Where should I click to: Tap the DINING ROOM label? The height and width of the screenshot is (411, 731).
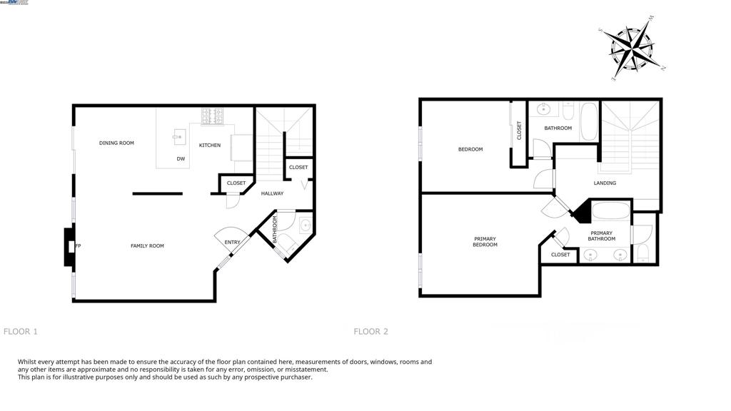click(x=116, y=143)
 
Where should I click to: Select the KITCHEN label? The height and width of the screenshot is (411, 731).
click(x=210, y=146)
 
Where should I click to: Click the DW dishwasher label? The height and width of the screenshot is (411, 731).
click(x=181, y=159)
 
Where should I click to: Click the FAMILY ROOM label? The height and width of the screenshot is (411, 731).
click(x=147, y=246)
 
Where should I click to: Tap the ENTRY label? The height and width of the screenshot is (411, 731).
click(x=233, y=243)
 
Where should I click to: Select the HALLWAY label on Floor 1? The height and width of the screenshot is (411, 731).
click(x=272, y=193)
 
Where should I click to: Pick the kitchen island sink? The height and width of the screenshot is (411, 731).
click(x=178, y=136)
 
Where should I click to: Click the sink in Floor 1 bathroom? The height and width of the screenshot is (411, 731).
click(x=306, y=225)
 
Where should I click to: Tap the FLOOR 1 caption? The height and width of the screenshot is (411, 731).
click(x=21, y=332)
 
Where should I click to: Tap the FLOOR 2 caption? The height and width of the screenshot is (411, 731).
click(x=371, y=332)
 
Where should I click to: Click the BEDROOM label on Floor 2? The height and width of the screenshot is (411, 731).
click(x=470, y=150)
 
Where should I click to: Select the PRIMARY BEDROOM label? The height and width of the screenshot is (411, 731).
click(x=485, y=242)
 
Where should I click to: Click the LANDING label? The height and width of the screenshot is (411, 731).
click(x=605, y=183)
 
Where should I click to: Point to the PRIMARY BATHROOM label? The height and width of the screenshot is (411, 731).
click(x=602, y=236)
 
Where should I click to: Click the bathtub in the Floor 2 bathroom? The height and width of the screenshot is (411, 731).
click(x=589, y=123)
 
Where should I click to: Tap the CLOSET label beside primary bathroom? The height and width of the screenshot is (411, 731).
click(x=560, y=255)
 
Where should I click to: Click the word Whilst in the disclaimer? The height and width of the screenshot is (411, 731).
click(x=28, y=362)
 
